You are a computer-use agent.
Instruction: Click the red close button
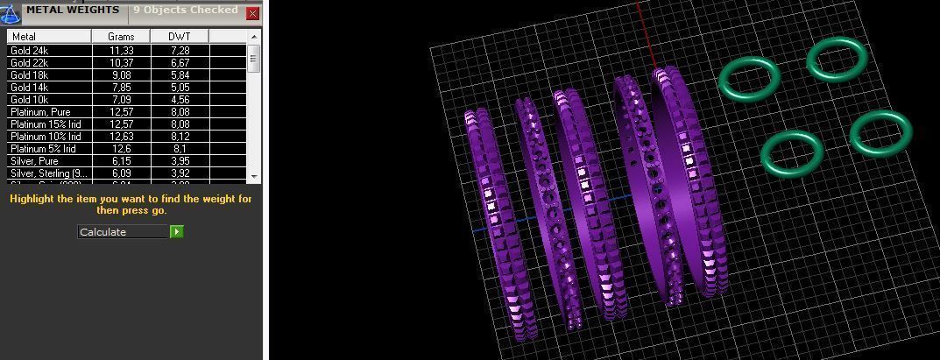pyautogui.click(x=252, y=14)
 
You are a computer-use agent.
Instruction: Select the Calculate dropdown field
pyautogui.click(x=123, y=232)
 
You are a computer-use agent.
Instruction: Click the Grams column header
pyautogui.click(x=121, y=37)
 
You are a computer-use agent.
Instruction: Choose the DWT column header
pyautogui.click(x=179, y=37)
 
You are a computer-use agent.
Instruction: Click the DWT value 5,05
pyautogui.click(x=179, y=88)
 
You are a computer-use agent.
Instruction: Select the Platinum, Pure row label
pyautogui.click(x=40, y=112)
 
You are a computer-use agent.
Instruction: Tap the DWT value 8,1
pyautogui.click(x=179, y=149)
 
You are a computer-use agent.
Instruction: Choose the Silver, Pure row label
pyautogui.click(x=33, y=161)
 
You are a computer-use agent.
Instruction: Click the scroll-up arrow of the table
pyautogui.click(x=254, y=37)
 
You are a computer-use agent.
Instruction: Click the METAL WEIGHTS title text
pyautogui.click(x=72, y=11)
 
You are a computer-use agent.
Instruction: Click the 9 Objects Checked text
pyautogui.click(x=185, y=11)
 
